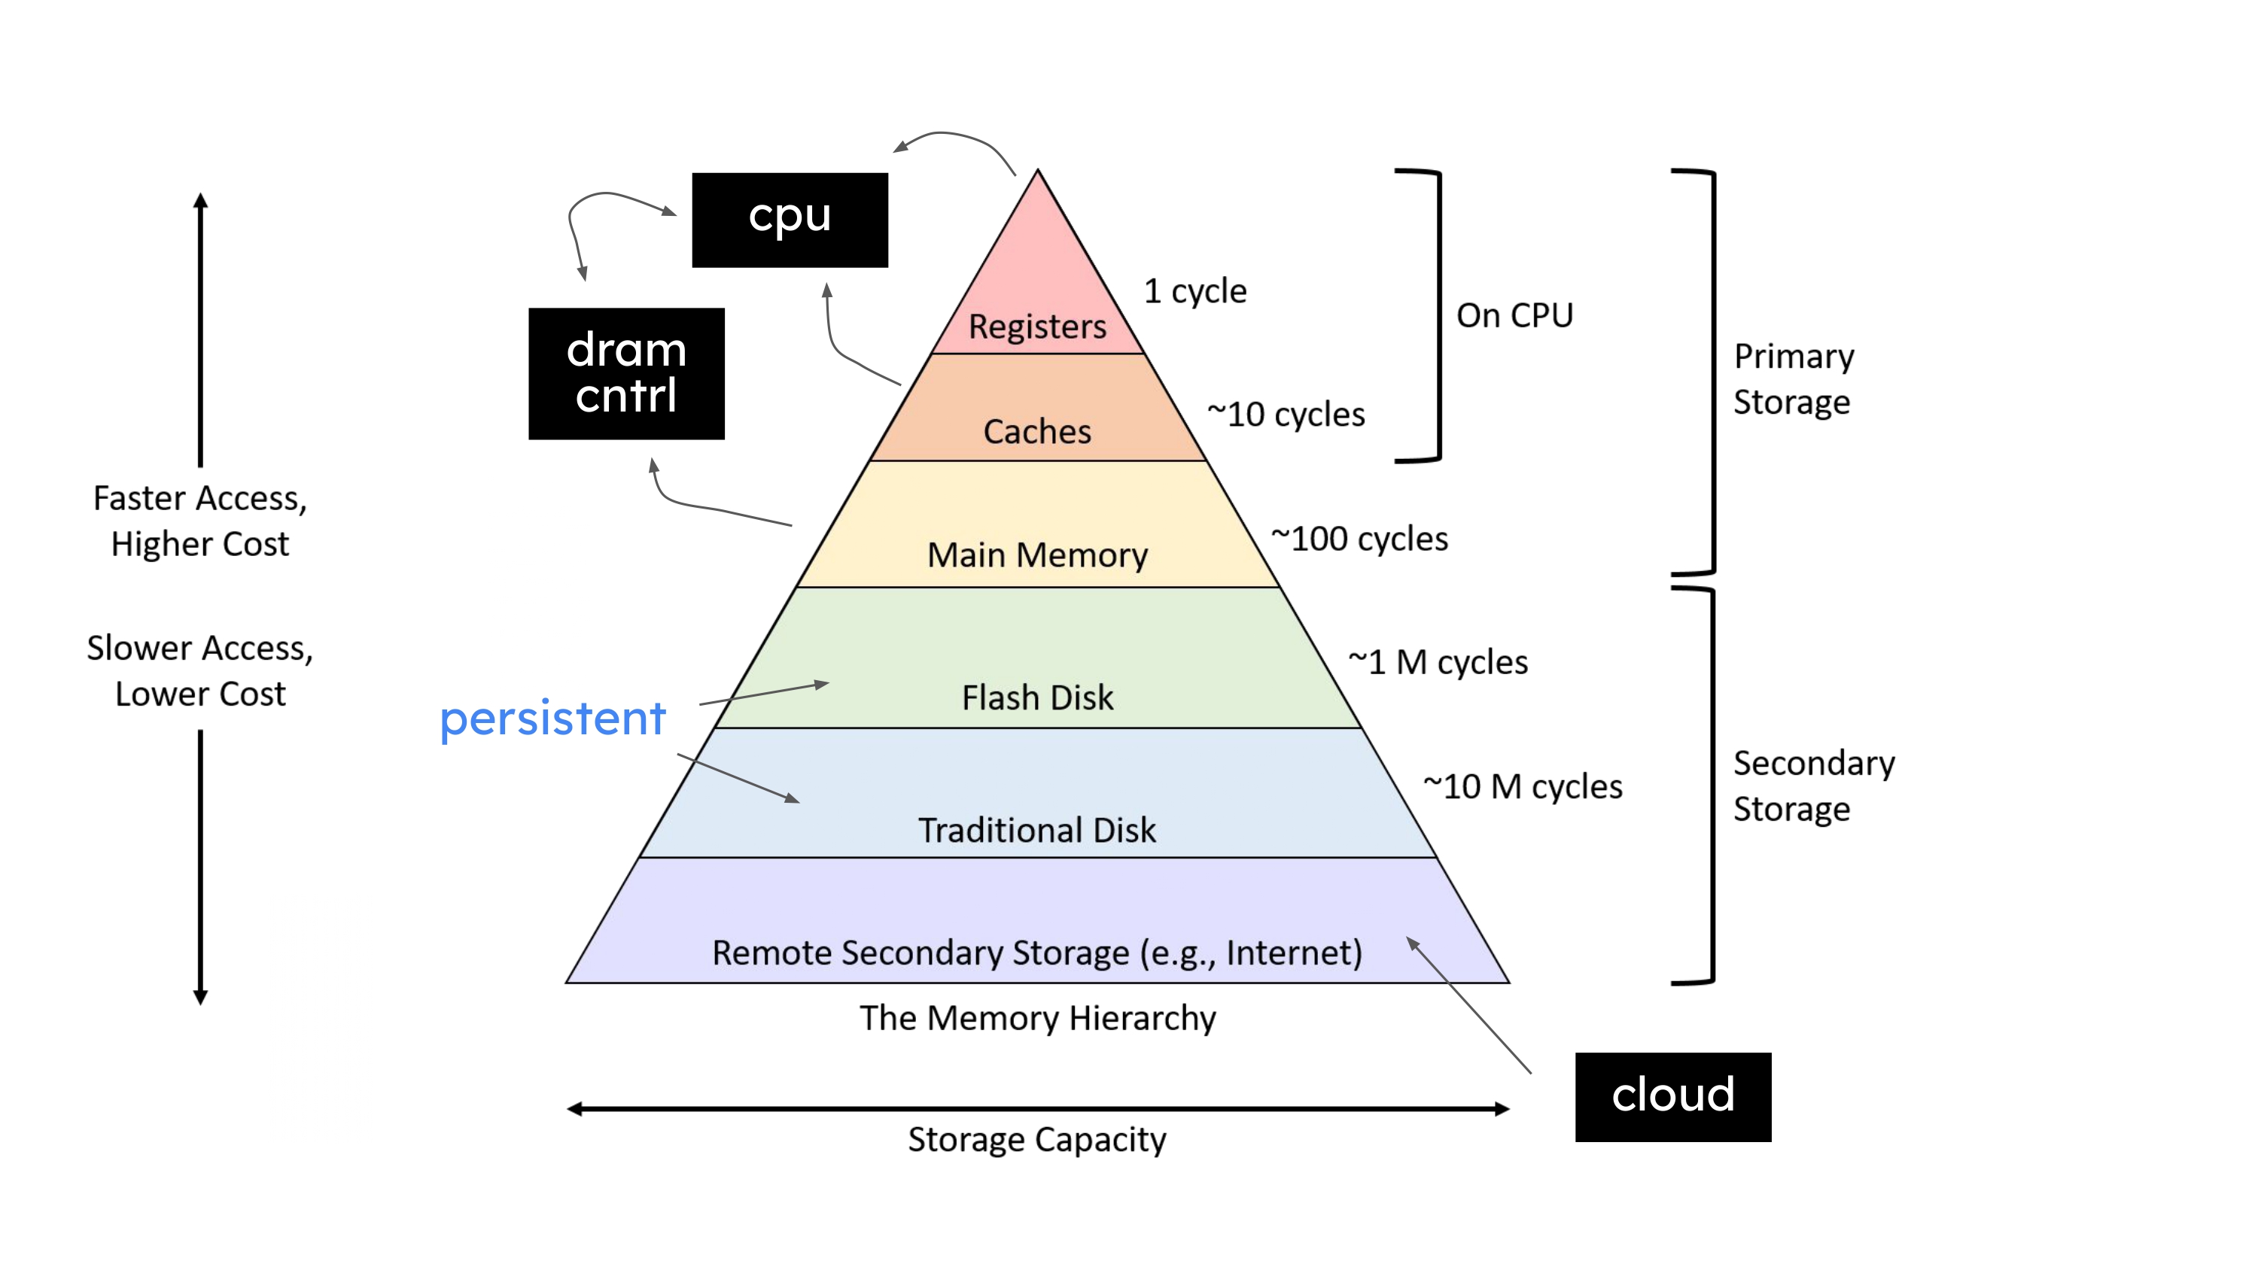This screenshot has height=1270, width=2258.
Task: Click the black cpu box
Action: coord(790,219)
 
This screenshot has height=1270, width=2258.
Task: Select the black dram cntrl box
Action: coord(626,373)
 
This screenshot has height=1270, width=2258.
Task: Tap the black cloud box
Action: coord(1672,1095)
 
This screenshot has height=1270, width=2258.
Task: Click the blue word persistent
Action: coord(552,719)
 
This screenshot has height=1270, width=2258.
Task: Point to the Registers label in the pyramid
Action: coord(1037,326)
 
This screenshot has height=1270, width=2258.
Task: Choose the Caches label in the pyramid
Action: coord(1037,431)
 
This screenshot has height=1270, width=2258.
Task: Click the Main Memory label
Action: coord(1037,554)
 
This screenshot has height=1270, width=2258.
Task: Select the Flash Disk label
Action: coord(1037,697)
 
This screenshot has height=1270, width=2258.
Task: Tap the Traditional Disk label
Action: coord(1037,830)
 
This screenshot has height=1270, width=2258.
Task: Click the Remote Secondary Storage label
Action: coord(1037,952)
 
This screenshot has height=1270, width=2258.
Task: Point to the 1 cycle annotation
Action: coord(1194,291)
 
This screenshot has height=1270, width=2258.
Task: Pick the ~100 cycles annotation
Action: coord(1359,539)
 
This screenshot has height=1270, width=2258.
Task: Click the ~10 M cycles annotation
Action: coord(1523,786)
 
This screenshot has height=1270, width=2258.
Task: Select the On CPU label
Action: coord(1514,315)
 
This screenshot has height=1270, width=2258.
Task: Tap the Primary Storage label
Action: coord(1794,379)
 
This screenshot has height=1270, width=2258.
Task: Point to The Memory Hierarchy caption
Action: coord(1037,1017)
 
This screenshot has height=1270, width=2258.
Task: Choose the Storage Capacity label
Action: coord(1037,1139)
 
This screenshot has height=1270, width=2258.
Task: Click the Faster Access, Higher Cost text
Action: coord(201,521)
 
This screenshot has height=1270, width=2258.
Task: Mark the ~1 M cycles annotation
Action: coord(1438,663)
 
